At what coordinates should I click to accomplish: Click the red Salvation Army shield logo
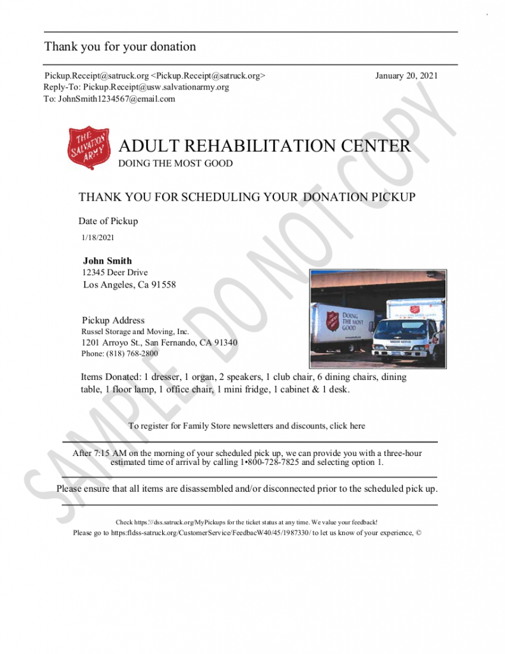[89, 148]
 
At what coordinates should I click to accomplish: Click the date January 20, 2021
[406, 75]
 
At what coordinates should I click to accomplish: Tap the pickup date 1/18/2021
[98, 238]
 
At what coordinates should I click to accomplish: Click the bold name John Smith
[107, 261]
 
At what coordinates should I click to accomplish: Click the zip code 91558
[163, 285]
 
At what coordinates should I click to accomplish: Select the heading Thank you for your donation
[120, 47]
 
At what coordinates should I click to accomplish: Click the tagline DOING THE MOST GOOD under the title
[176, 163]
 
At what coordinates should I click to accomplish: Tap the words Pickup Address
[113, 320]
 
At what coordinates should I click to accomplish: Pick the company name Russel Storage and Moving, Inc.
[135, 331]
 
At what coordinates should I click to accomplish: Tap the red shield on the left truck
[332, 320]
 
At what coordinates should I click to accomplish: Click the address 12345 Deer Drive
[115, 273]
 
